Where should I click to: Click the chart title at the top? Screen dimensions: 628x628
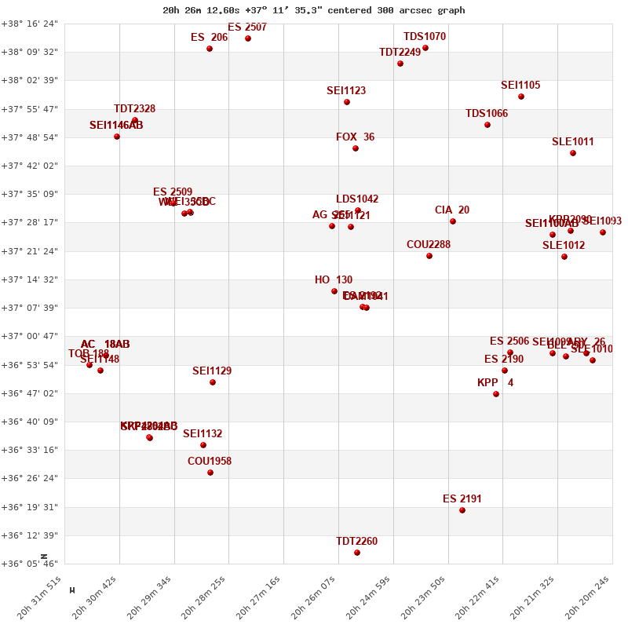pos(313,10)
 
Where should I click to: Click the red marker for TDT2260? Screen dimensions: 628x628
pos(357,553)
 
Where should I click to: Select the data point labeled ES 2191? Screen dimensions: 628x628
pos(462,510)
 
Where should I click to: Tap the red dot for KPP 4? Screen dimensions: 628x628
pos(496,394)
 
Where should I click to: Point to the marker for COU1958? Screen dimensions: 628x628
pos(210,473)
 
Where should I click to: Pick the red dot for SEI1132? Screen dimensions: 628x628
pos(203,445)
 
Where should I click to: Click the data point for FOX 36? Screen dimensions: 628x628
pos(356,148)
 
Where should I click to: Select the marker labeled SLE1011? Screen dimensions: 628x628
pos(573,153)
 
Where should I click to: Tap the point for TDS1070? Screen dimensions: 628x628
pos(425,48)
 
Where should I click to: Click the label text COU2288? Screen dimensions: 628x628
pos(429,245)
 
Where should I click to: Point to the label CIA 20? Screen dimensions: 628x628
pos(452,210)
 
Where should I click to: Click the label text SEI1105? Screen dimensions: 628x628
pos(520,86)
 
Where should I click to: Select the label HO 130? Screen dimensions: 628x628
pos(334,280)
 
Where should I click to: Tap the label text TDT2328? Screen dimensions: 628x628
pos(134,109)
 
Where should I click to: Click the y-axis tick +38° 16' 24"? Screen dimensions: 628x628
pos(30,24)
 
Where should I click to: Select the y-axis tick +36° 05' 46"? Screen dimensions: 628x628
pos(30,564)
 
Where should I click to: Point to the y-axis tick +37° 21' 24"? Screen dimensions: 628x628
pos(30,251)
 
